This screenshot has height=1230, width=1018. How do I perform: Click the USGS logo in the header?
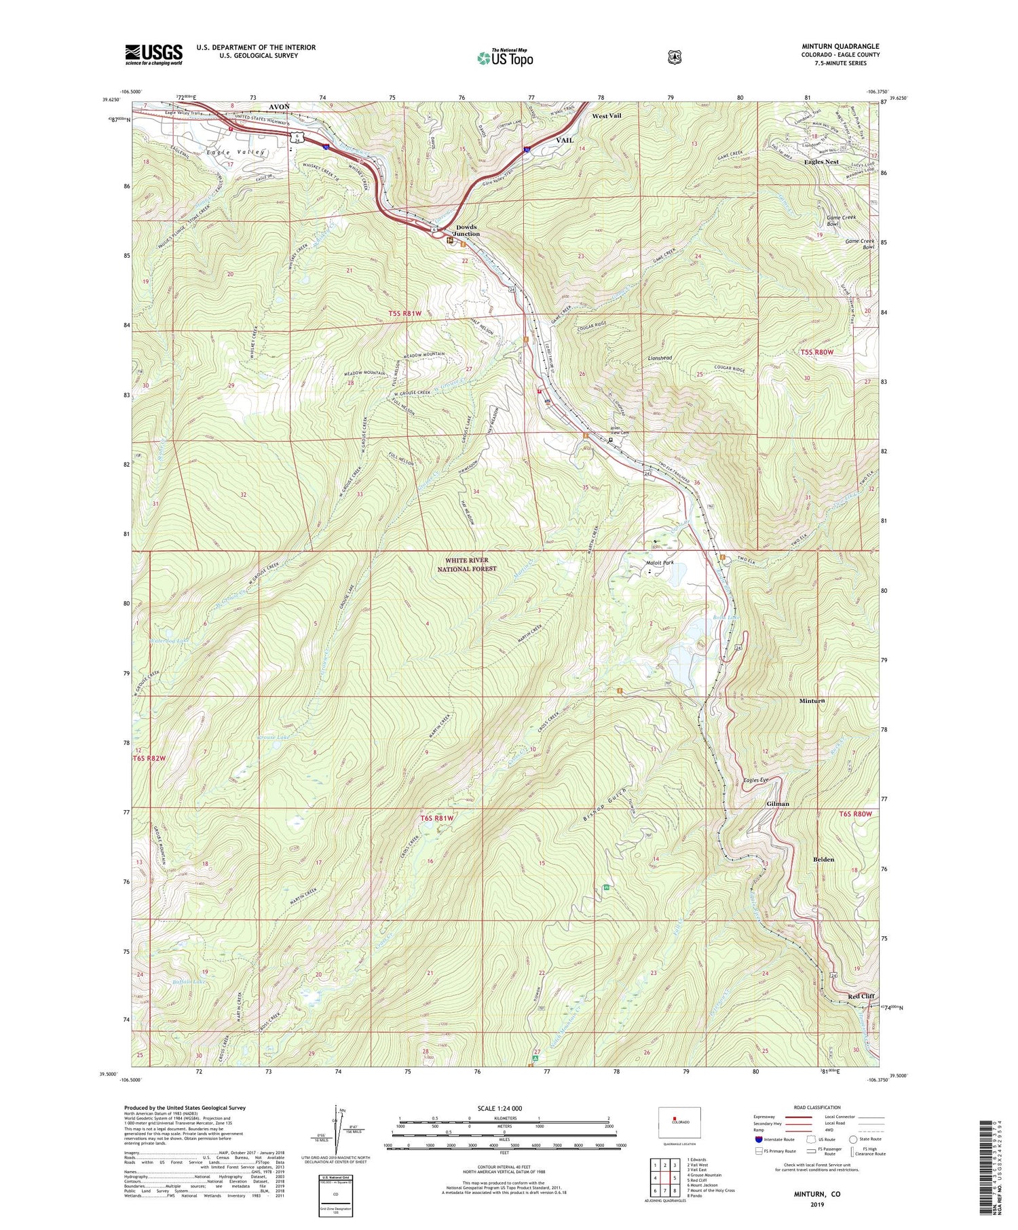click(153, 54)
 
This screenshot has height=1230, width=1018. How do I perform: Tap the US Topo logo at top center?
click(505, 58)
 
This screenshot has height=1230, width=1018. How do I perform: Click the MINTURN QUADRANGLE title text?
click(840, 47)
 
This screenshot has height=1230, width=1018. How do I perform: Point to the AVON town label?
click(279, 107)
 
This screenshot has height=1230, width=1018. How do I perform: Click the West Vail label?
click(606, 116)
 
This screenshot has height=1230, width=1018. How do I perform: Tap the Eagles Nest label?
click(821, 162)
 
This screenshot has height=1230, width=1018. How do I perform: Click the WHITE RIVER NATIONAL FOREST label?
click(470, 564)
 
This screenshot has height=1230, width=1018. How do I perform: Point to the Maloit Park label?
click(659, 562)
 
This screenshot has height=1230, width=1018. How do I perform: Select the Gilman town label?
click(778, 804)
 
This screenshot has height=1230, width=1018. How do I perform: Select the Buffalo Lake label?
click(170, 982)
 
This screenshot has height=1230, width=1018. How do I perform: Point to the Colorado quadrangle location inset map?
click(679, 1124)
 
